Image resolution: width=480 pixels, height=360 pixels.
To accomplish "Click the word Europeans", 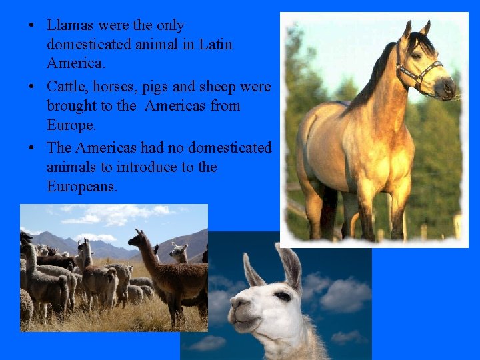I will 81,187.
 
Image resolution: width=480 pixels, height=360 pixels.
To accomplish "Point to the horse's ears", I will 416,28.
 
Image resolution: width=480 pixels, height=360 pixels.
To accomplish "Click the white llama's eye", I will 283,296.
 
